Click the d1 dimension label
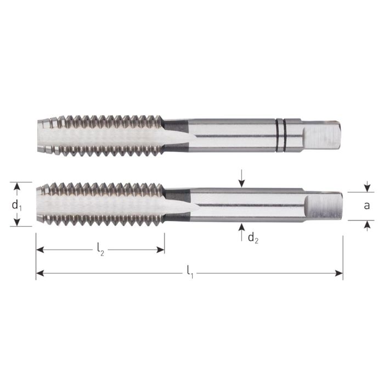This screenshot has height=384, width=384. (x=17, y=206)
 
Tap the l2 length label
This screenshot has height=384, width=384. (x=100, y=250)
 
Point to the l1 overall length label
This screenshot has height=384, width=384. (x=190, y=270)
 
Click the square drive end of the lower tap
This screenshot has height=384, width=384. (x=324, y=206)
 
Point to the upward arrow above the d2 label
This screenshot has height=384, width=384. (x=242, y=229)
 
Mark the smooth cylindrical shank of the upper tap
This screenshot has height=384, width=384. (x=230, y=133)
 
